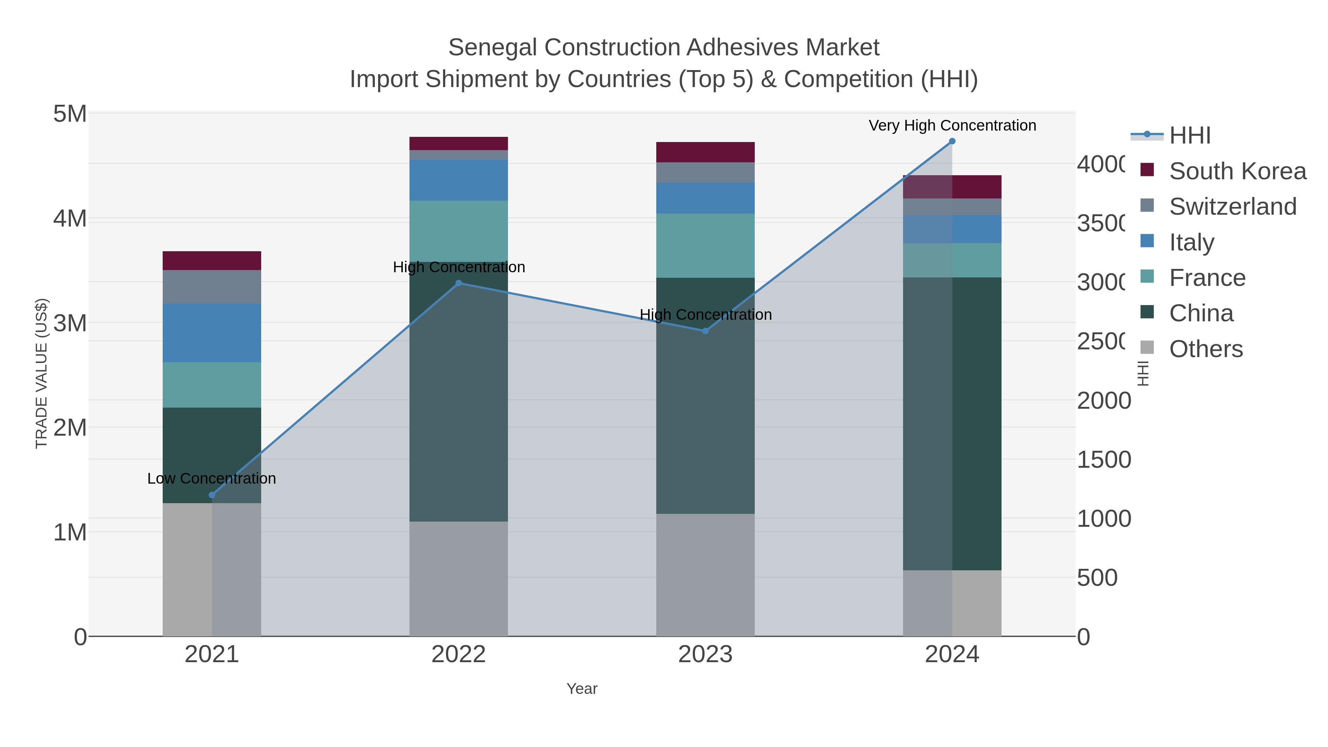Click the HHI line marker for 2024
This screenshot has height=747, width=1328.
[952, 141]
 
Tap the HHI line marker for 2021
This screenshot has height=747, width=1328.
[212, 495]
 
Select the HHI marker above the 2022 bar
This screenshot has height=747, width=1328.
[459, 283]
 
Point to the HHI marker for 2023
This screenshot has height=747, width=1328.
[705, 331]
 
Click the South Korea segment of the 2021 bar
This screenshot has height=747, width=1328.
[212, 261]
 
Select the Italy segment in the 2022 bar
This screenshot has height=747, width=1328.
[459, 180]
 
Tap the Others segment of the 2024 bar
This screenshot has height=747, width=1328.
[952, 603]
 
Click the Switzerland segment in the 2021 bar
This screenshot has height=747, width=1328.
[212, 287]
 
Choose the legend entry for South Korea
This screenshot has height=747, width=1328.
[1237, 171]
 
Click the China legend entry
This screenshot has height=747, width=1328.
[1201, 314]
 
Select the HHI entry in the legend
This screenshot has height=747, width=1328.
[1189, 136]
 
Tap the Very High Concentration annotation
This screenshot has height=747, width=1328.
[952, 125]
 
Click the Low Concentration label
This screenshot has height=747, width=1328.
[212, 478]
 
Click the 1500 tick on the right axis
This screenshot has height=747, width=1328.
[1103, 460]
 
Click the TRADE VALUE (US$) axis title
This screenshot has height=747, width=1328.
[41, 373]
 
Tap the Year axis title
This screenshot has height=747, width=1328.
[582, 688]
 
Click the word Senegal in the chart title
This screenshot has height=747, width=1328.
[493, 48]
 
